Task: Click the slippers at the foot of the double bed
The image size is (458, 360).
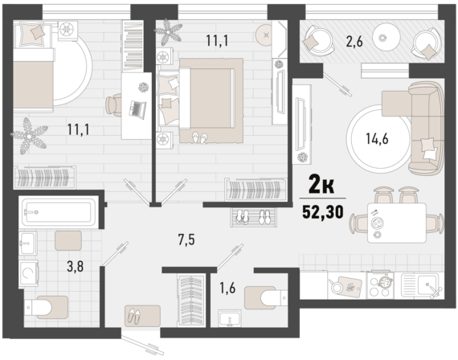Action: (198, 137)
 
